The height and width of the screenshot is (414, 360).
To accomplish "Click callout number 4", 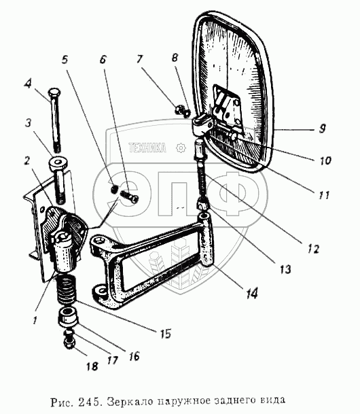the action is pyautogui.click(x=28, y=84).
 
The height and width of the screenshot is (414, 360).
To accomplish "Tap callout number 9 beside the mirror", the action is pyautogui.click(x=322, y=128).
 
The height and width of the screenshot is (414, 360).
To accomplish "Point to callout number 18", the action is pyautogui.click(x=92, y=366).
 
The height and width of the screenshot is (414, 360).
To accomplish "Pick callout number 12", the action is pyautogui.click(x=313, y=249).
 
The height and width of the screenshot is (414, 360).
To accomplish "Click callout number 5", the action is pyautogui.click(x=65, y=59).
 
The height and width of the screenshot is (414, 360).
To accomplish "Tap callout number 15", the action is pyautogui.click(x=165, y=334).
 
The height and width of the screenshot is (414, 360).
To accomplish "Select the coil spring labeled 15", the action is pyautogui.click(x=67, y=288).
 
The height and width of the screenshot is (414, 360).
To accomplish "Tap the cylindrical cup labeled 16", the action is pyautogui.click(x=68, y=316).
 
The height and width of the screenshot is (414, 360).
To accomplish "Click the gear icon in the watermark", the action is pyautogui.click(x=181, y=148).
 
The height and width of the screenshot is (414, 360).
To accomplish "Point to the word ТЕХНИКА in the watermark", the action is pyautogui.click(x=147, y=148).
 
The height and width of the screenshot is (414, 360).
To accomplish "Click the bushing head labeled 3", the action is pyautogui.click(x=58, y=165).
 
